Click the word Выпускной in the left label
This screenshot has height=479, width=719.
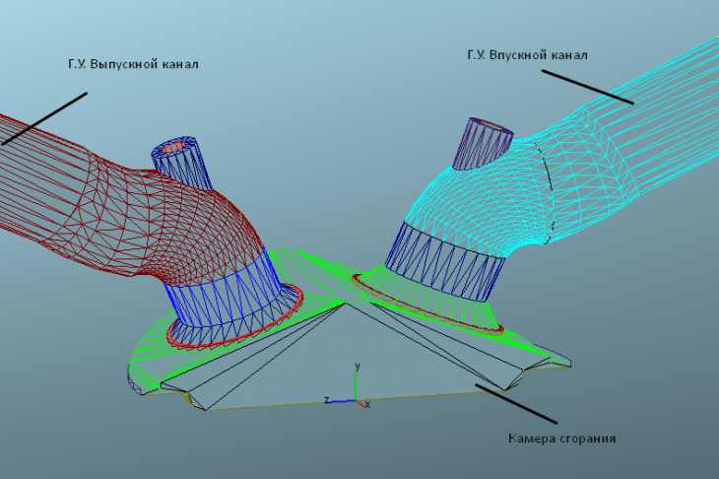[116, 64]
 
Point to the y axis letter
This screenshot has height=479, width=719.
[358, 366]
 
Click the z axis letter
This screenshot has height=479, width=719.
[326, 399]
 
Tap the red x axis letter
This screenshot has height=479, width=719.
[367, 405]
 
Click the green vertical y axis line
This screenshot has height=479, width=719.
[357, 386]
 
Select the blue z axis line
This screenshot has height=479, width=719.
[343, 401]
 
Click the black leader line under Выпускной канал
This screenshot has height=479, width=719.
[44, 119]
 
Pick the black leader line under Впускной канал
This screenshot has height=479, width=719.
[587, 87]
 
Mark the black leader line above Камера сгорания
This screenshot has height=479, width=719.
[516, 404]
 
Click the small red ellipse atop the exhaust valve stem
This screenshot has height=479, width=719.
[173, 147]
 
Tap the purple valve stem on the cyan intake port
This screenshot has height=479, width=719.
[483, 143]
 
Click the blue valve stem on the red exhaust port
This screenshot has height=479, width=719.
[182, 163]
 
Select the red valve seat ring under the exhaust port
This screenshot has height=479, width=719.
[234, 315]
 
